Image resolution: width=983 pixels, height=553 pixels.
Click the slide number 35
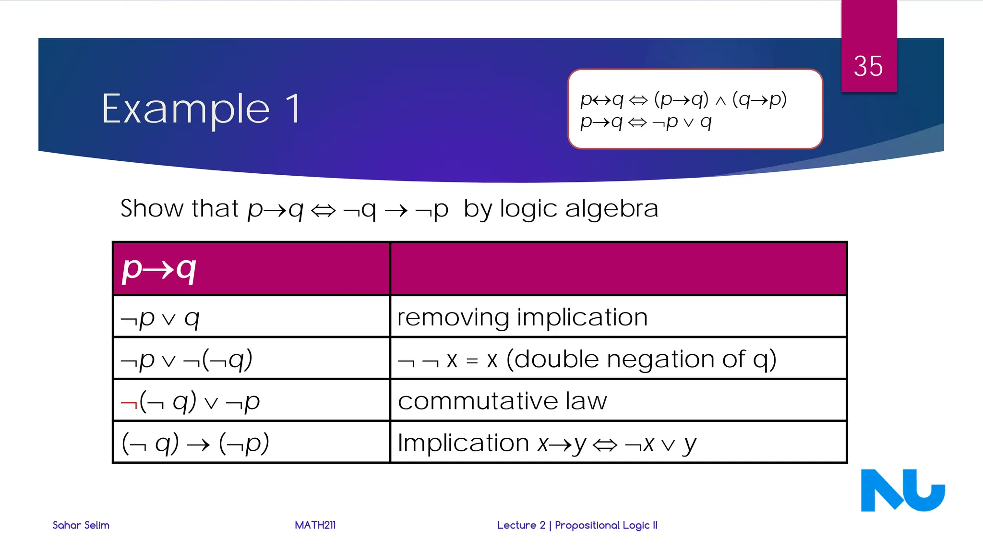click(868, 66)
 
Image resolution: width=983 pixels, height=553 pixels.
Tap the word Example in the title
click(186, 109)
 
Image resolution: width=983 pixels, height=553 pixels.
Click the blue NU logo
click(902, 490)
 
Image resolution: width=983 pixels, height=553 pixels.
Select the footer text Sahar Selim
click(81, 525)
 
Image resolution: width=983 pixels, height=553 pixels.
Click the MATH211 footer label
click(315, 525)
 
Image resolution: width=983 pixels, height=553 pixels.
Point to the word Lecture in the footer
click(516, 525)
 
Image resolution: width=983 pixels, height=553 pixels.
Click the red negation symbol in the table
click(129, 403)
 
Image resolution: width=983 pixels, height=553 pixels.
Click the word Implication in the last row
click(463, 443)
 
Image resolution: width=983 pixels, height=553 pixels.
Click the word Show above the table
click(152, 208)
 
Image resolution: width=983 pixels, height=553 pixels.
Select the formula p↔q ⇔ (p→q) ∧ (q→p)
click(683, 99)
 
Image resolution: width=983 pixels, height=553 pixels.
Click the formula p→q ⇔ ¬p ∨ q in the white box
click(646, 122)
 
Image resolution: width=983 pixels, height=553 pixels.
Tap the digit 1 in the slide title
click(293, 109)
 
